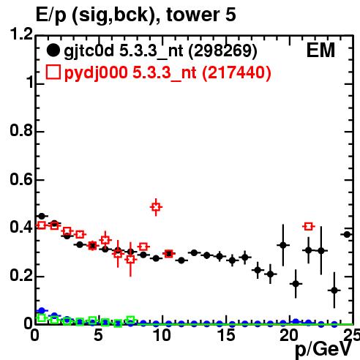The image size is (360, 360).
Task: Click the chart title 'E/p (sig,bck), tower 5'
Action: point(136,15)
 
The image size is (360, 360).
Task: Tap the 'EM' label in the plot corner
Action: point(320,50)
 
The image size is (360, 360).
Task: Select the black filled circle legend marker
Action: point(53,50)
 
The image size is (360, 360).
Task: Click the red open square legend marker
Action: point(53,72)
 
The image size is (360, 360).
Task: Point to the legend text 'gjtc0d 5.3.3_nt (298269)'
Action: point(160,51)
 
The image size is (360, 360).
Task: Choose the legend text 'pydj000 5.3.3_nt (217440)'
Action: point(168,72)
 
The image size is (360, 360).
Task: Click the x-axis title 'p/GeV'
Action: point(323,349)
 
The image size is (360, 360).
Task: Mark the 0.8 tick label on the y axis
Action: point(21,130)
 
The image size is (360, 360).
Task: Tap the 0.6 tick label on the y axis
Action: point(21,179)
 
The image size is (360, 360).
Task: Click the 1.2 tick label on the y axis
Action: point(21,34)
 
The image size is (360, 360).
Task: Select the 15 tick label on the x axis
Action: point(226,335)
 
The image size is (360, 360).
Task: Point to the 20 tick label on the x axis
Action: point(289,335)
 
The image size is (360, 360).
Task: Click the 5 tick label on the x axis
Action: point(98,335)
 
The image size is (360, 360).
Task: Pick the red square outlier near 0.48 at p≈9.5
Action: point(156,207)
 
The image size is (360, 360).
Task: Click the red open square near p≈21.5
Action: point(309,226)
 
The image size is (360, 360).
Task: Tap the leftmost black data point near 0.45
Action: point(42,216)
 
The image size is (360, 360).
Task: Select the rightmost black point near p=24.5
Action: point(347,235)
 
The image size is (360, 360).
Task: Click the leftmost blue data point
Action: point(42,310)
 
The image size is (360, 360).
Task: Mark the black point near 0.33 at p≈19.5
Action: point(283,245)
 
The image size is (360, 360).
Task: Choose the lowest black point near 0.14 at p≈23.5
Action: point(334,290)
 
